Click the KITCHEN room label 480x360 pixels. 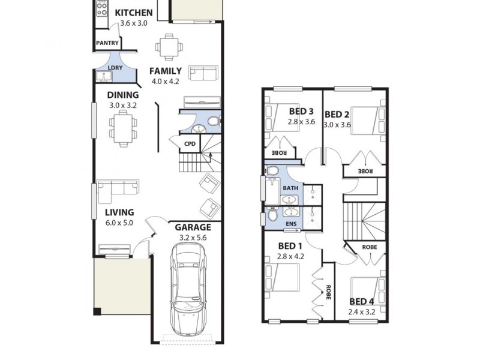click(133, 13)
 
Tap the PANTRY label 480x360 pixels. click(107, 43)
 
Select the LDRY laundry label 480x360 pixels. click(115, 68)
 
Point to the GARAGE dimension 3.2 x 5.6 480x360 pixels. click(193, 238)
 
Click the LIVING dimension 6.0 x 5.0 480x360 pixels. click(119, 223)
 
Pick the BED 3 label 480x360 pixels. click(301, 111)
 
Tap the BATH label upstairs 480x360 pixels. click(290, 188)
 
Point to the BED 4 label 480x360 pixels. click(362, 302)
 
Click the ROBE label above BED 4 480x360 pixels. click(370, 247)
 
